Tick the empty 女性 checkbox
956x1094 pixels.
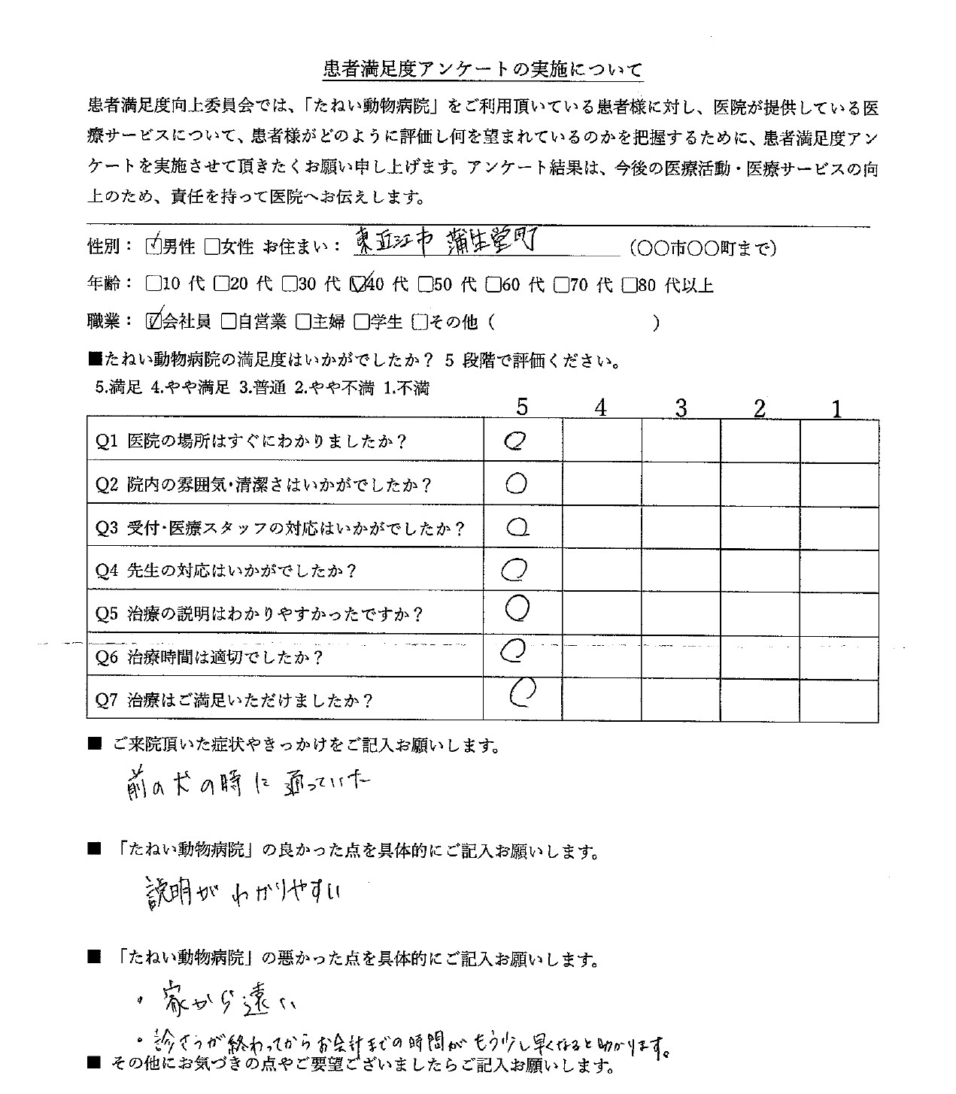coord(211,246)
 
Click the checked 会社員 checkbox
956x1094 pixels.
coord(154,322)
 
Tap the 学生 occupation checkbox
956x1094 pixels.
coord(361,322)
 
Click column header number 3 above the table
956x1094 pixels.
coord(681,408)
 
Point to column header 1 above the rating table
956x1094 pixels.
coord(837,408)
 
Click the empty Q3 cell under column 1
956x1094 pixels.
coord(839,527)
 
